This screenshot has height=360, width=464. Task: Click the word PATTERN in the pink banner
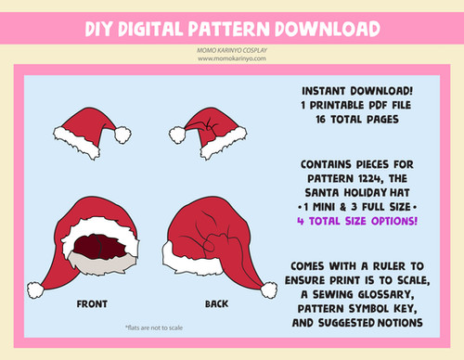pos(228,29)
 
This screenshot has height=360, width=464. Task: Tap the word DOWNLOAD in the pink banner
pos(328,29)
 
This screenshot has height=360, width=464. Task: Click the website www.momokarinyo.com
pos(232,58)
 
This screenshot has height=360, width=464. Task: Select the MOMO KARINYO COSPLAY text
pos(232,50)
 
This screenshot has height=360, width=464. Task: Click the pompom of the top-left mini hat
pos(122,135)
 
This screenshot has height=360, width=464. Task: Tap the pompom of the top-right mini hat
pos(177,135)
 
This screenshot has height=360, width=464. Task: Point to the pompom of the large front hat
pos(35,290)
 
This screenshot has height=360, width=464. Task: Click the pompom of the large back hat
pos(268,290)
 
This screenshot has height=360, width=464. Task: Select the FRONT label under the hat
pos(92,304)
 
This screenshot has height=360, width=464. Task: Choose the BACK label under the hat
pos(216,304)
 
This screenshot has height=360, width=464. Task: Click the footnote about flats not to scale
pos(154,328)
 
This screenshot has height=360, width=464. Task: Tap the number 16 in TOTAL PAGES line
pos(321,120)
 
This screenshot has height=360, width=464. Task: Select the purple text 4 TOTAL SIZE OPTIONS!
pos(357,221)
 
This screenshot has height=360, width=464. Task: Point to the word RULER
pos(389,266)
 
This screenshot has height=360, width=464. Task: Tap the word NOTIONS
pos(400,323)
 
